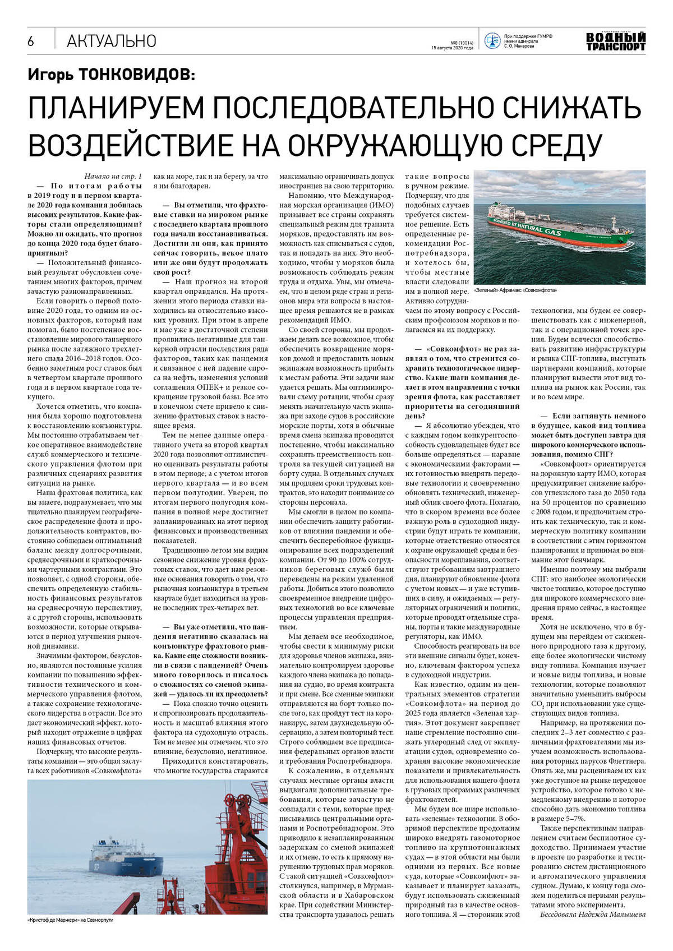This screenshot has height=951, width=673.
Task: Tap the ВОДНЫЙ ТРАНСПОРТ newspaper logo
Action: tap(615, 41)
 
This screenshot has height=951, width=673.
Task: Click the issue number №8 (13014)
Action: tap(462, 43)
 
